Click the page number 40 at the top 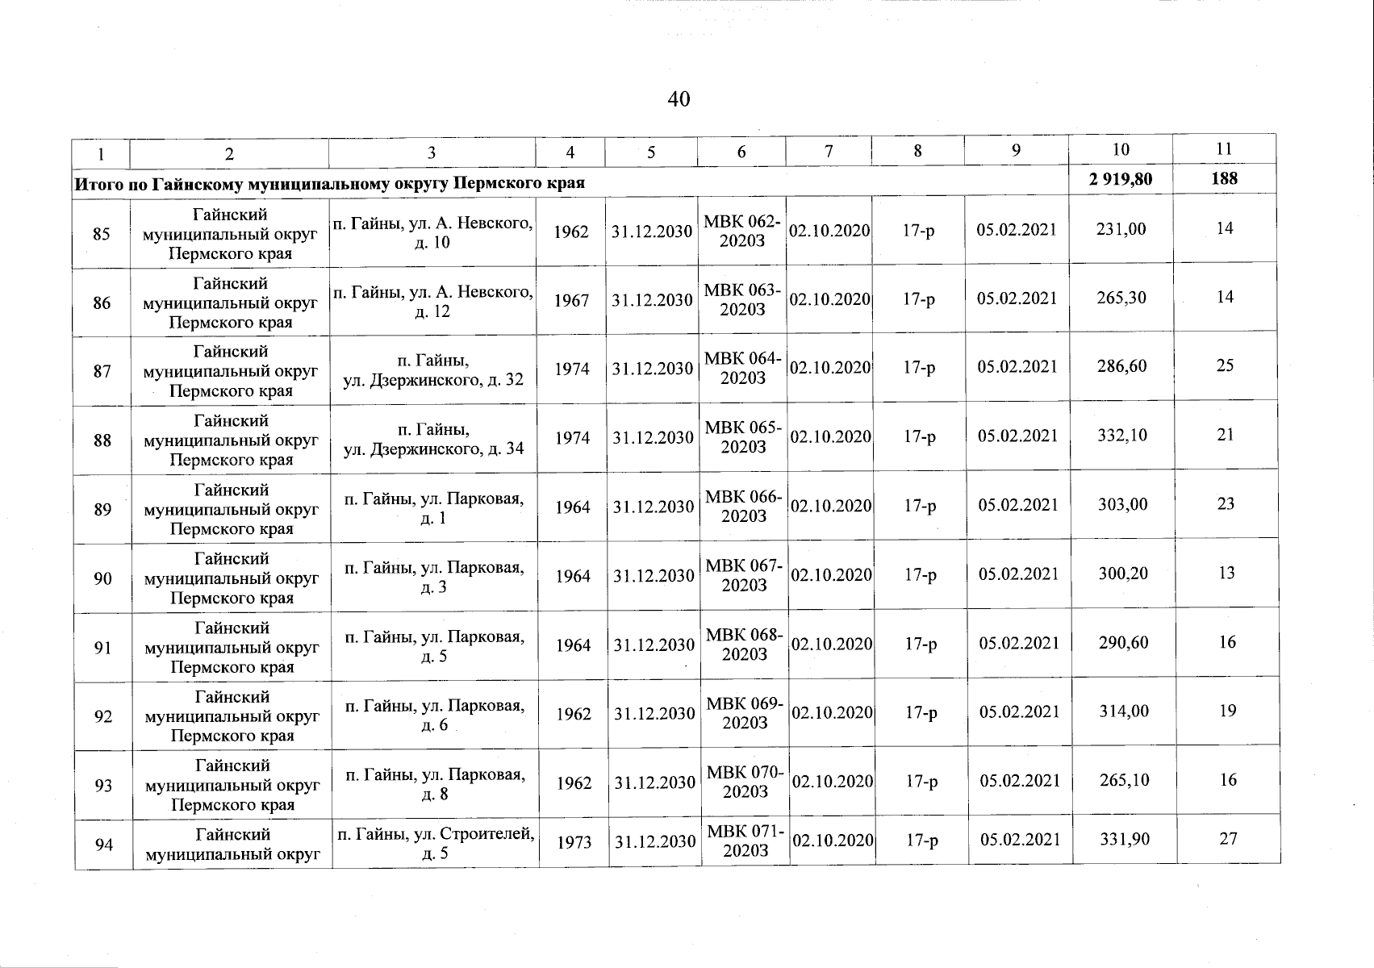click(x=679, y=99)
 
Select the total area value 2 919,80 click(x=1120, y=179)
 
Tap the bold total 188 click(x=1224, y=178)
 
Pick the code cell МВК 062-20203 click(x=742, y=232)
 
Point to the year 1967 click(x=571, y=300)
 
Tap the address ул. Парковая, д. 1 click(x=434, y=508)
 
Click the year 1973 click(x=574, y=841)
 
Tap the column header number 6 click(x=741, y=152)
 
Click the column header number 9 click(x=1017, y=151)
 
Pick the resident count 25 click(x=1225, y=366)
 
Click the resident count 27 click(x=1228, y=839)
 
